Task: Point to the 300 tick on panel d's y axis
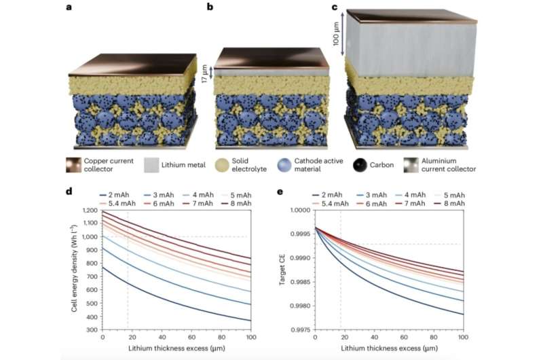92,329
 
